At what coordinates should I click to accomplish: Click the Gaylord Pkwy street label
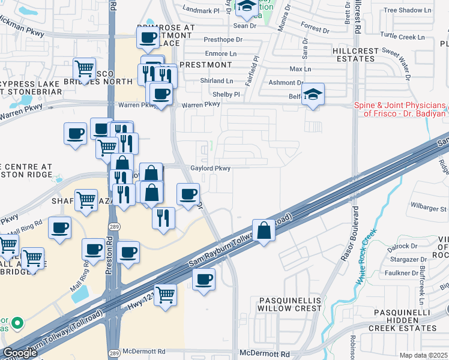(210, 169)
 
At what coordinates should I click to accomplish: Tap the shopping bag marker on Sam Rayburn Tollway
(264, 230)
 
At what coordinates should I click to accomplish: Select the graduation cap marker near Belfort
(313, 94)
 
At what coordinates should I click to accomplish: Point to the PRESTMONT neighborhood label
(206, 65)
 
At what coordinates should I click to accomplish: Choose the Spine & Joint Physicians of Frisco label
(400, 109)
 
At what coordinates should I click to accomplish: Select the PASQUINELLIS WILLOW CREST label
(290, 304)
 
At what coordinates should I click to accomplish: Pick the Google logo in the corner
(20, 353)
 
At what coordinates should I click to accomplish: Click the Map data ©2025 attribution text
(424, 355)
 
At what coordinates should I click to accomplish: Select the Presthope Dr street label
(223, 40)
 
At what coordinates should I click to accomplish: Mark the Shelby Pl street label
(226, 95)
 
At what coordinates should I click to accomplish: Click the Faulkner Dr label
(402, 273)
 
